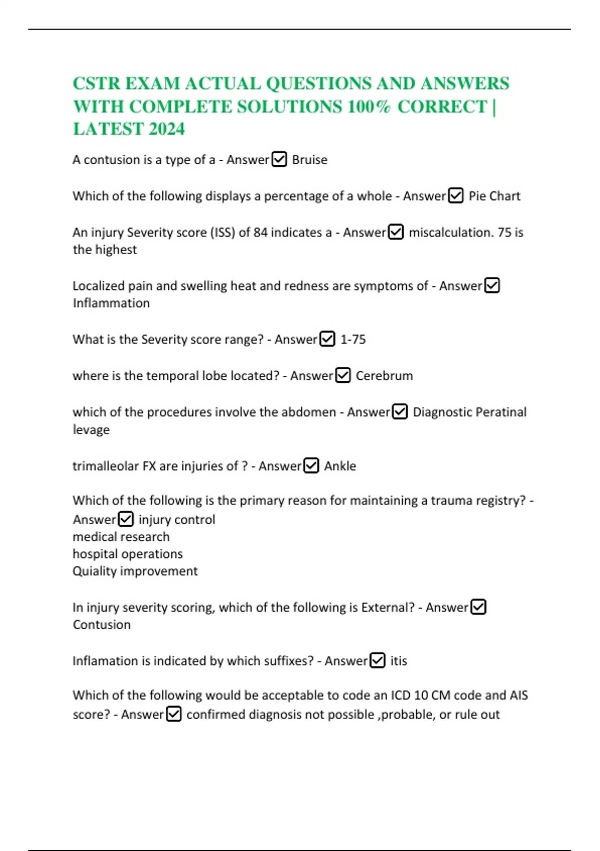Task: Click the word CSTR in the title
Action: pos(96,84)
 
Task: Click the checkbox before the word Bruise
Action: pos(279,160)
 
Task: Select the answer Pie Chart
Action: pos(494,196)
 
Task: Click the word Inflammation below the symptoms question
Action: pos(111,303)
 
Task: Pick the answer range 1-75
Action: pos(353,340)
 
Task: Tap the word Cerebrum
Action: pos(384,376)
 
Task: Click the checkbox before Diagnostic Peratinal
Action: pos(400,412)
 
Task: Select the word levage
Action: pos(91,430)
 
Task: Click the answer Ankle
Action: pos(340,466)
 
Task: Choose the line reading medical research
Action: pos(121,537)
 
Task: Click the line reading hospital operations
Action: pos(128,554)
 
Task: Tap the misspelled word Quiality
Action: pos(94,571)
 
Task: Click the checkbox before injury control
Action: pos(126,519)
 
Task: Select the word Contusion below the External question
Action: pos(102,625)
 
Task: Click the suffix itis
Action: pos(398,661)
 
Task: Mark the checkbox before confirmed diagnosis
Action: pos(174,714)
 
